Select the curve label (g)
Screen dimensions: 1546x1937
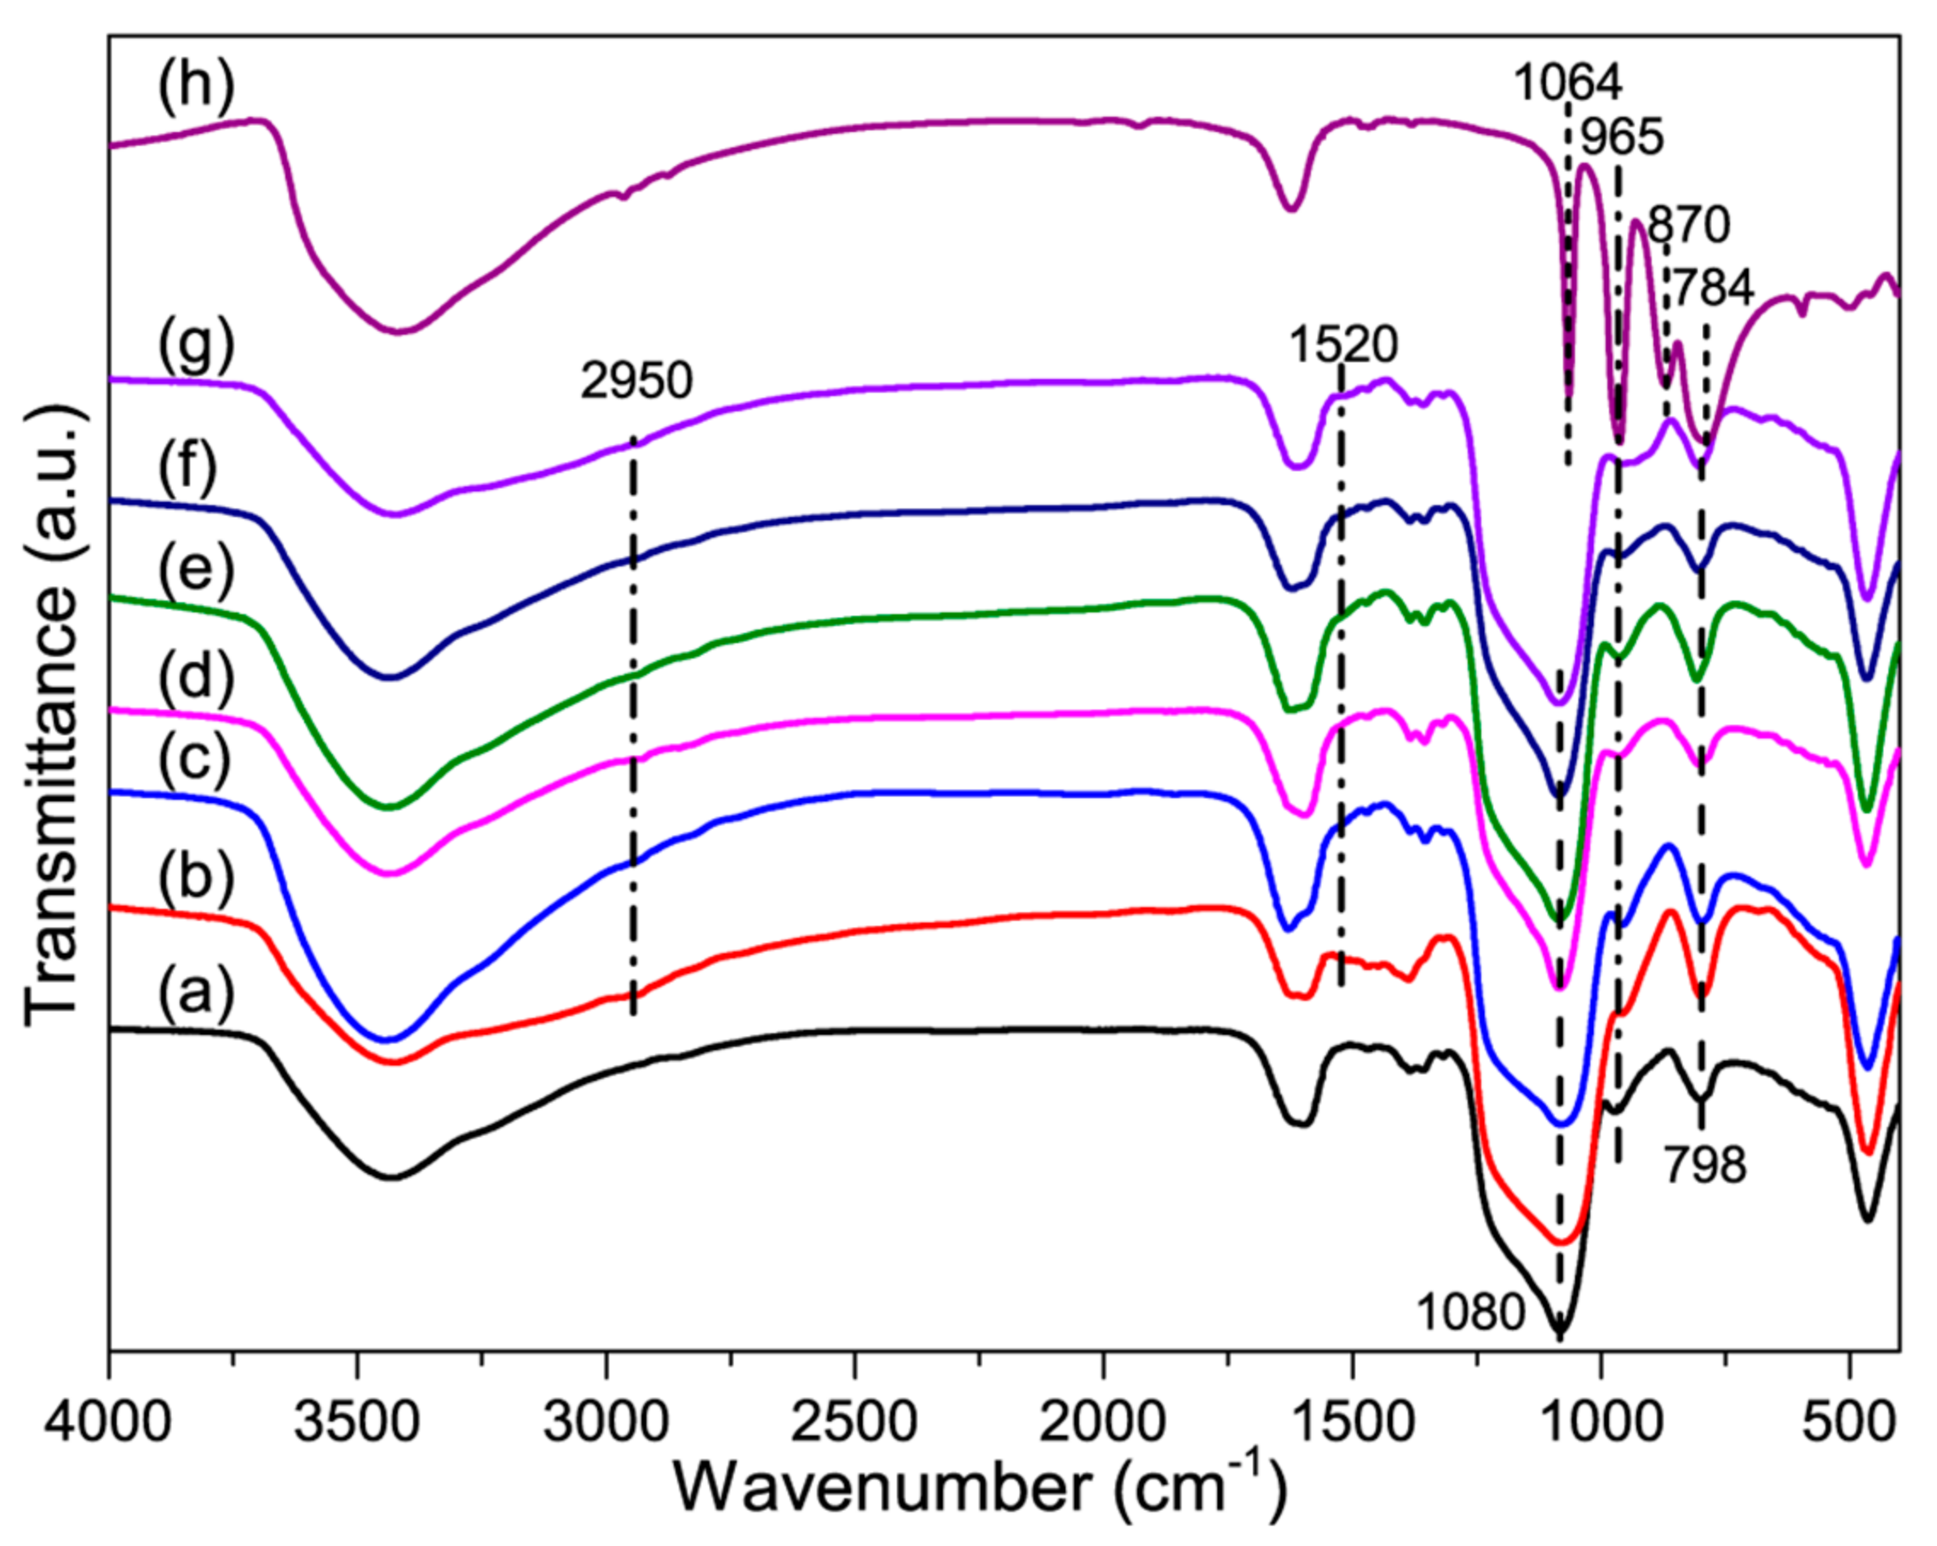[x=197, y=346]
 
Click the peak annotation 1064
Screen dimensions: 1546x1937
[x=1568, y=83]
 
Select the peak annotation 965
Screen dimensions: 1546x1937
[x=1622, y=137]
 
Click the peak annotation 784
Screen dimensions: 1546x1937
[x=1710, y=287]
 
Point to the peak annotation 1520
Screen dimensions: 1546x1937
[x=1344, y=344]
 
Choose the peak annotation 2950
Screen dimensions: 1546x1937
[x=636, y=381]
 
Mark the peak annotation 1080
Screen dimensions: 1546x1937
[x=1471, y=1313]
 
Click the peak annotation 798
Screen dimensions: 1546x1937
[x=1704, y=1166]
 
